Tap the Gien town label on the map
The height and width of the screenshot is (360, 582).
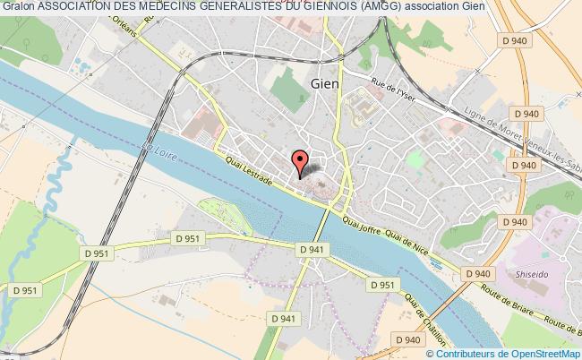click(x=324, y=82)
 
